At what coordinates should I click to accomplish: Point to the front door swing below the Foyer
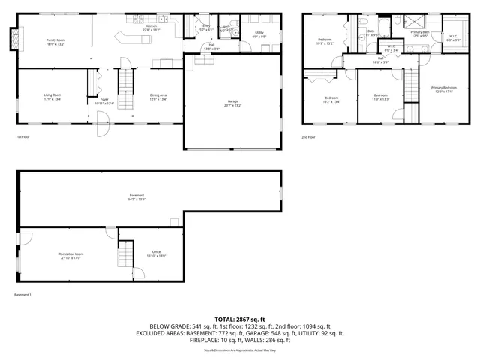coord(103,119)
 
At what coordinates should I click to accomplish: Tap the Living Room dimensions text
coord(52,98)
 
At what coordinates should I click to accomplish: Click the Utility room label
coord(259,33)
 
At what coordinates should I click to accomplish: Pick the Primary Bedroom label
coord(444,88)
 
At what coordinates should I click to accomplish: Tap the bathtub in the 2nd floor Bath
coord(383,29)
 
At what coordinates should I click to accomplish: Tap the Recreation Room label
coord(71,254)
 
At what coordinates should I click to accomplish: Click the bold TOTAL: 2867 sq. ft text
coord(240,319)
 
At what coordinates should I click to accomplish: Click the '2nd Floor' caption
coord(308,137)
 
